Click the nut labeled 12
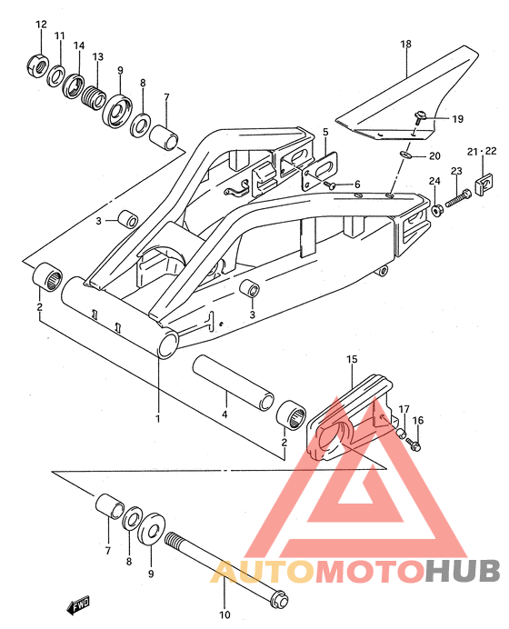point(38,65)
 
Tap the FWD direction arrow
point(78,605)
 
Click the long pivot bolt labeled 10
point(226,566)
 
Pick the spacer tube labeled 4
point(234,383)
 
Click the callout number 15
point(352,359)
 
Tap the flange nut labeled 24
point(436,210)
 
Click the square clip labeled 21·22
point(484,185)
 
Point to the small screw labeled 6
point(329,185)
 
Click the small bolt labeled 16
point(414,444)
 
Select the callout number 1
point(158,418)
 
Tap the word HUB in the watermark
point(463,570)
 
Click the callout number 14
point(79,45)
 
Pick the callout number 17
point(404,409)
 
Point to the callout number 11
point(59,36)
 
